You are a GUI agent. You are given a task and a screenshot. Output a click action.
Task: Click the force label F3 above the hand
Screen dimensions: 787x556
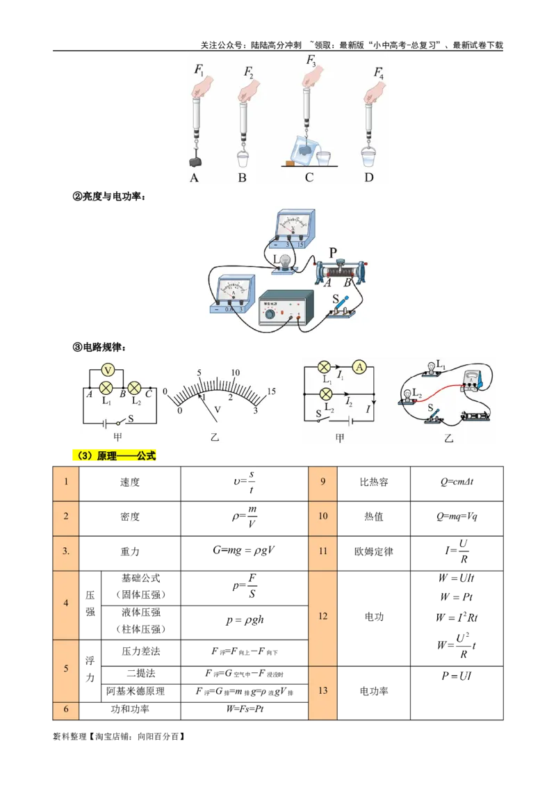(x=311, y=60)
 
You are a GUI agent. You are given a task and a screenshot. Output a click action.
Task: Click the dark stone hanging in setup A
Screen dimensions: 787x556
(x=196, y=161)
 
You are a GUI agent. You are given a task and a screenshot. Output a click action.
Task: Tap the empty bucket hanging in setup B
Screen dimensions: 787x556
(x=243, y=159)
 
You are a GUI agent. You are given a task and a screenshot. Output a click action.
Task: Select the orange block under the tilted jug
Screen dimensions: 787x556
(x=288, y=163)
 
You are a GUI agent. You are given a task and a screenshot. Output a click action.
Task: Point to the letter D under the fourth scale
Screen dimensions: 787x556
(x=369, y=178)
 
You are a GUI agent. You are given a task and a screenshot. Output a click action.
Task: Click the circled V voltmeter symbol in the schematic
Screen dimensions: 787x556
(x=108, y=368)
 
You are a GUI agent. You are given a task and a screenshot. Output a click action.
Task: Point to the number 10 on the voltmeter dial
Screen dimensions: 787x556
(x=235, y=373)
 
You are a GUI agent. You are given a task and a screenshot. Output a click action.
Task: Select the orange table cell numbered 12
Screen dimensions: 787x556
(x=322, y=617)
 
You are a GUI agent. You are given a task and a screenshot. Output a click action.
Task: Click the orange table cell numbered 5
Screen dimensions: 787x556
(x=66, y=669)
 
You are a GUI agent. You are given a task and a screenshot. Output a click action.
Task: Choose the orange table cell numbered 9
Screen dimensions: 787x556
(x=322, y=482)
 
